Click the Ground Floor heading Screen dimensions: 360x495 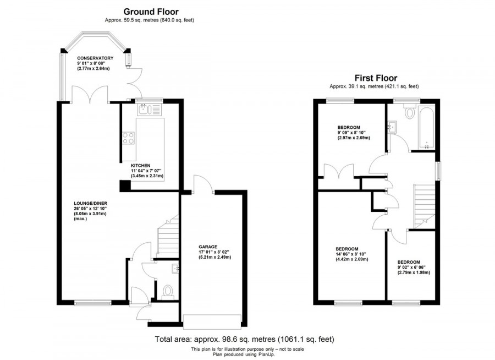[x=151, y=11]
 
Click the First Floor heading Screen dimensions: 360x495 [x=377, y=78]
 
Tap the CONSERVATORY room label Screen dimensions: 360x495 [x=95, y=58]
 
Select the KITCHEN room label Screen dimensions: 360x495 [x=141, y=165]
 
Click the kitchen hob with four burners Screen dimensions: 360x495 [x=129, y=138]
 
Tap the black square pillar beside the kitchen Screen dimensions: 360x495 [x=126, y=186]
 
